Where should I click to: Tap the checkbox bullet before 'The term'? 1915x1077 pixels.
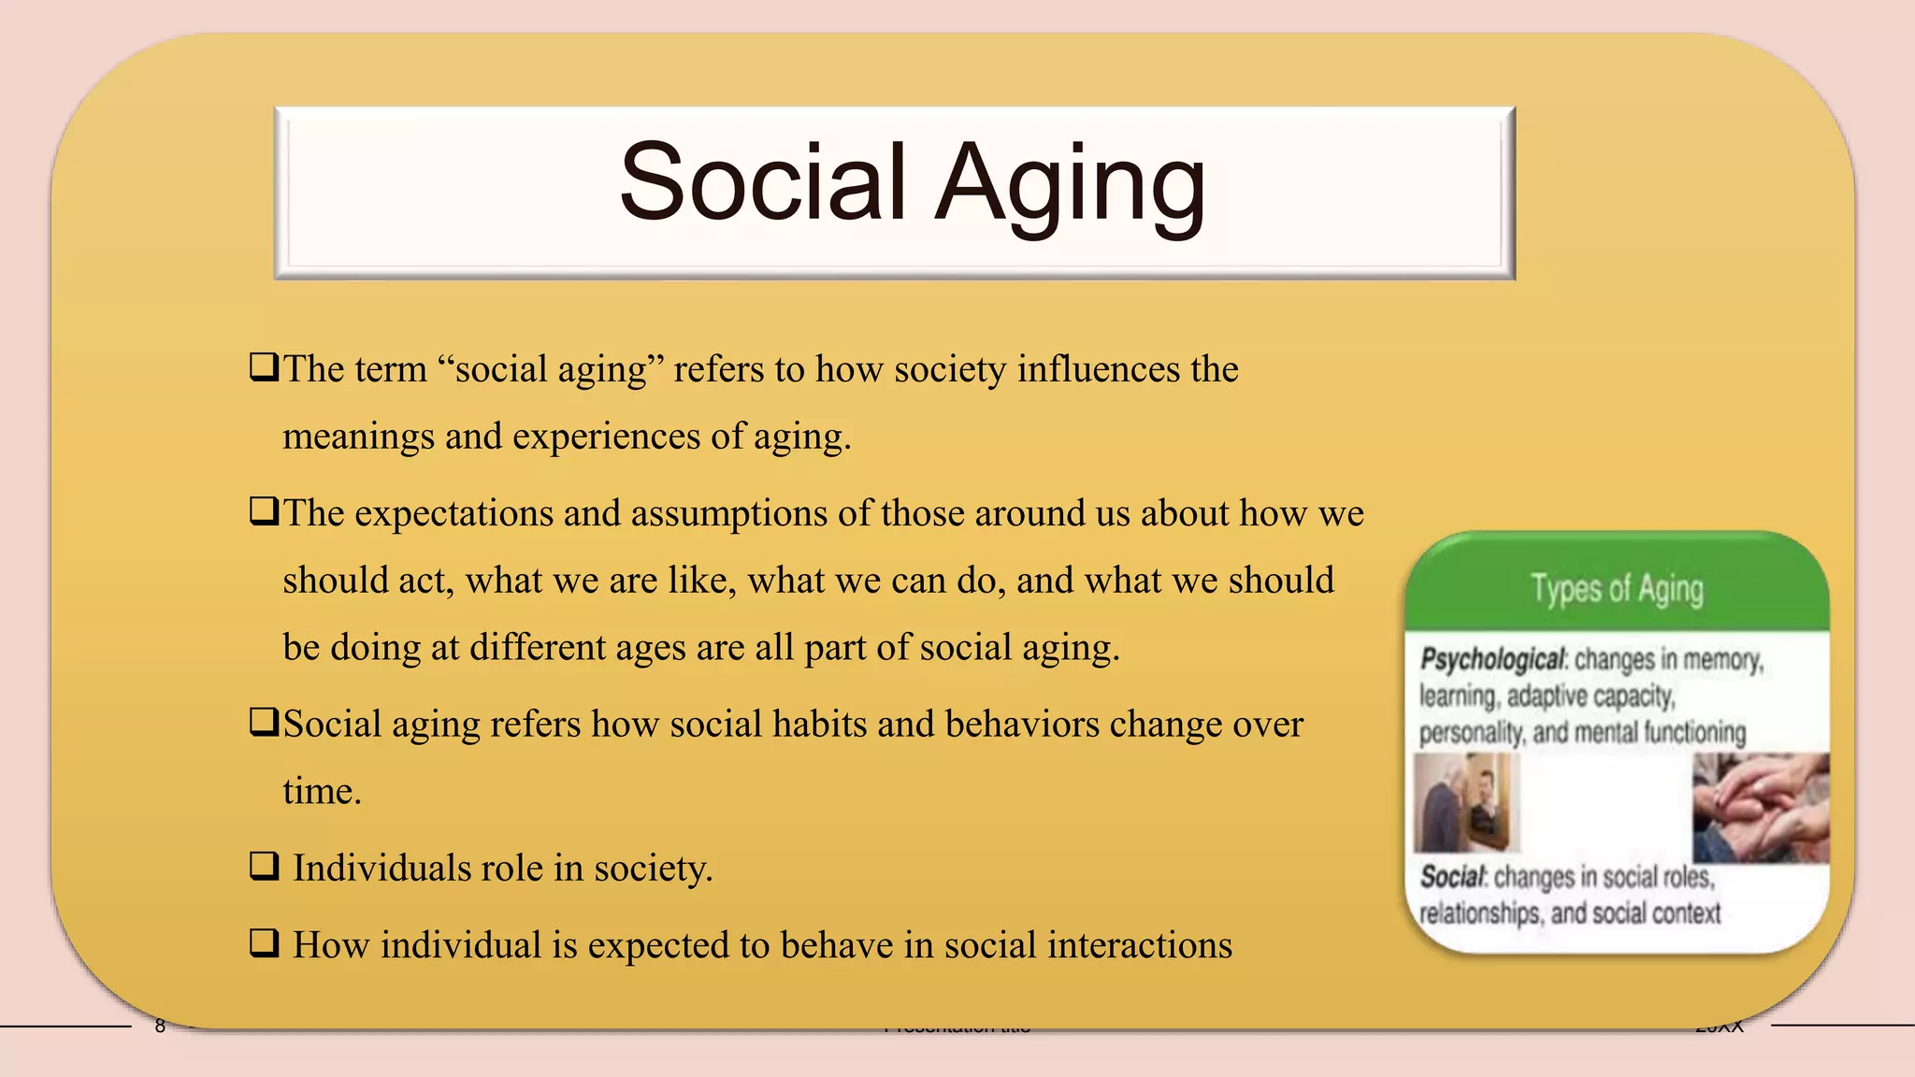pos(264,366)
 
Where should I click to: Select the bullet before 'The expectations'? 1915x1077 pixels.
pos(264,511)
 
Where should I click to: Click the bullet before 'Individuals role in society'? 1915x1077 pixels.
pos(264,867)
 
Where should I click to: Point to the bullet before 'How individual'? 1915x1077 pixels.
pos(264,943)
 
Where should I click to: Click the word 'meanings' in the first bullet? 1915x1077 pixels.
pos(358,437)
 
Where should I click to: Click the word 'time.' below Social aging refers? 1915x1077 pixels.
pos(322,792)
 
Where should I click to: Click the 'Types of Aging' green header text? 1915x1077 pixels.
pos(1617,589)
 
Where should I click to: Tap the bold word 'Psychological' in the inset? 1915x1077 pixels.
pos(1491,659)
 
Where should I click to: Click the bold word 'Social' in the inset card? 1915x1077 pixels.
pos(1451,877)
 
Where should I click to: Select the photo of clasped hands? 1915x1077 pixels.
pos(1760,808)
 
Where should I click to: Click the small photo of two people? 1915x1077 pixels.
pos(1466,803)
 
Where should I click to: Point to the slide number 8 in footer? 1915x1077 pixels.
pos(160,1027)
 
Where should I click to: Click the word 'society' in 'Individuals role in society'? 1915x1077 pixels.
pos(653,869)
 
